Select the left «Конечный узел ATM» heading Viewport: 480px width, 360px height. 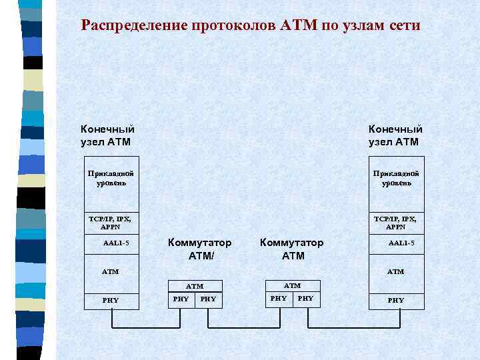(107, 135)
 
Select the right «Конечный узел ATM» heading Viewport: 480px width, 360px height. (395, 135)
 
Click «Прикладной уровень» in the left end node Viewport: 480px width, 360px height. (110, 178)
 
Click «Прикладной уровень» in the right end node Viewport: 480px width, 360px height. (396, 178)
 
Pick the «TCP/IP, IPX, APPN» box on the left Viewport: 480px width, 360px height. (110, 221)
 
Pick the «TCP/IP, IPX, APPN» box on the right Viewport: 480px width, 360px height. (396, 221)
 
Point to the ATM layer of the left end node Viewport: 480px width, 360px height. (110, 271)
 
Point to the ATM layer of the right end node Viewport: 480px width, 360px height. (396, 271)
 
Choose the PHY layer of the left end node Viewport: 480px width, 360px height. (110, 300)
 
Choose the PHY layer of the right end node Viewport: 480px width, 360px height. (396, 300)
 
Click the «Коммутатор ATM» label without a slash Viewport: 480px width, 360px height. (292, 249)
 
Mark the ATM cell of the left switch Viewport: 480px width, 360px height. (195, 286)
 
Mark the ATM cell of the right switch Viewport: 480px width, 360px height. (292, 285)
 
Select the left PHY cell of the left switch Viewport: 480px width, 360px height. (181, 299)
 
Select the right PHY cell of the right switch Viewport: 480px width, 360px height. (305, 299)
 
